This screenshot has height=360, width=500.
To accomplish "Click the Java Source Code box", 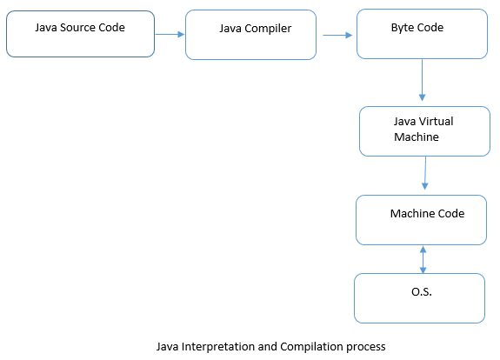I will [80, 35].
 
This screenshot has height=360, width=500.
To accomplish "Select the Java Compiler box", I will [250, 36].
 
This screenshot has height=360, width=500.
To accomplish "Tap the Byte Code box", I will [422, 35].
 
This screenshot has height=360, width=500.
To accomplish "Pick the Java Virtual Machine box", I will [424, 131].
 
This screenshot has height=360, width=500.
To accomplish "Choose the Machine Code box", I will [421, 220].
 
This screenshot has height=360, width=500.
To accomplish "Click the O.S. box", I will [419, 298].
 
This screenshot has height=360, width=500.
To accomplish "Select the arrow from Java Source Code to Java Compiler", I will [170, 35].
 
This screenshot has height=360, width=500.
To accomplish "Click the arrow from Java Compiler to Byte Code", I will [338, 36].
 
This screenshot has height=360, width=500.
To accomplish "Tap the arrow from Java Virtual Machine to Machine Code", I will [425, 174].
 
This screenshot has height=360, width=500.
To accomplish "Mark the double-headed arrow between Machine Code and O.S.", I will [423, 259].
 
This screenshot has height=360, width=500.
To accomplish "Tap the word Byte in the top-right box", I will [403, 28].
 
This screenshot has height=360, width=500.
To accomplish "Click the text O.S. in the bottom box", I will [422, 292].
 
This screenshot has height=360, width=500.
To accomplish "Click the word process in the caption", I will [365, 346].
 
